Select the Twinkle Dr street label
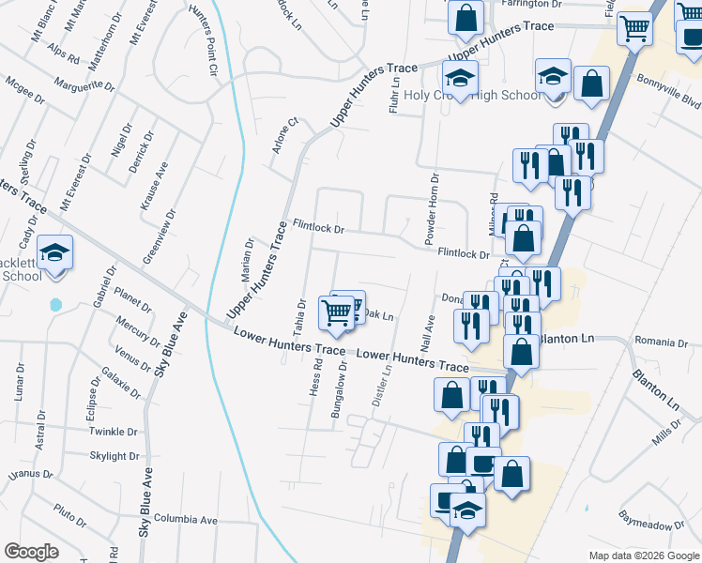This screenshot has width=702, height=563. coord(114,431)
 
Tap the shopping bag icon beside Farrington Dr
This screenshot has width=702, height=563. coord(465,17)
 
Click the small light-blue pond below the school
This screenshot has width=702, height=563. coord(55,305)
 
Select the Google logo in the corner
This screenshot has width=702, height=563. coord(31,552)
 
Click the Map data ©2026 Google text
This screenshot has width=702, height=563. coord(643,555)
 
